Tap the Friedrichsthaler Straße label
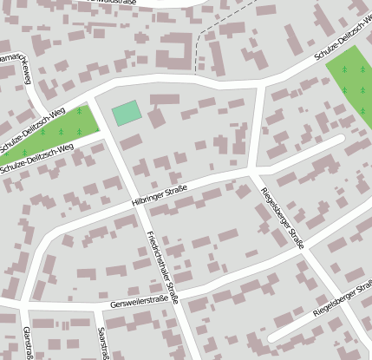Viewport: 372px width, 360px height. tap(162, 266)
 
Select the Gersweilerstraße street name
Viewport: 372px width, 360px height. tap(139, 304)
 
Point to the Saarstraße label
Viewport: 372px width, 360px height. tap(102, 343)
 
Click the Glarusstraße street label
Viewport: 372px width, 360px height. tap(28, 343)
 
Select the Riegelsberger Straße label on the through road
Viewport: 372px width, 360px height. tap(282, 217)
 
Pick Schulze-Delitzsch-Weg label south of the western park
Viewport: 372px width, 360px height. tap(36, 157)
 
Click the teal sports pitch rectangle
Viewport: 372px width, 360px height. tap(127, 112)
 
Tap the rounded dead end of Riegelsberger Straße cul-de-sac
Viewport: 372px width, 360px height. tap(272, 335)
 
